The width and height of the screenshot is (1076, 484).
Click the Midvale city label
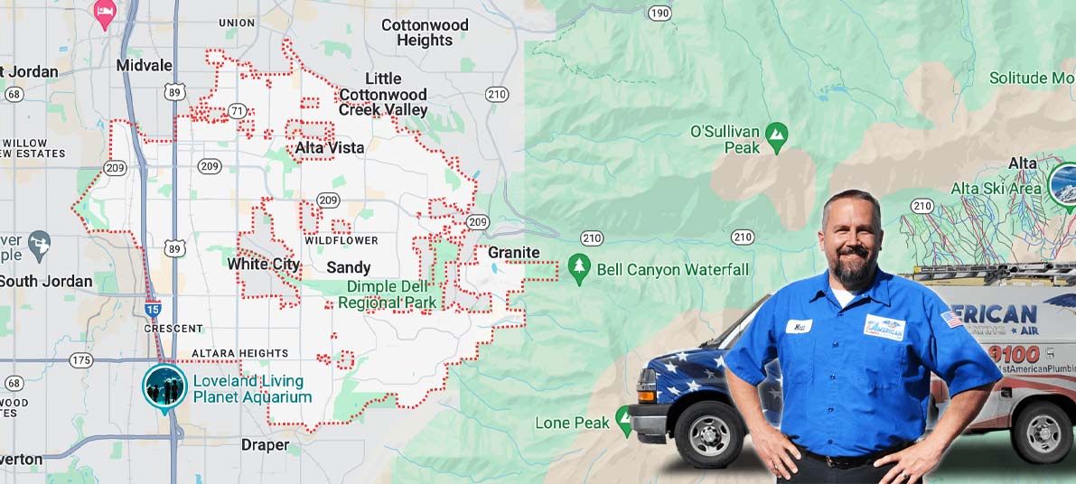point(138,65)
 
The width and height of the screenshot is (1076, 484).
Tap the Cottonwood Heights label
point(424,33)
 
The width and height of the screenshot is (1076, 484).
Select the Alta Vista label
point(330,147)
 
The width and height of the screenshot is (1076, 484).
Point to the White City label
point(263,265)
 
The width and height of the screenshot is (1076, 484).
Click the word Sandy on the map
point(349,267)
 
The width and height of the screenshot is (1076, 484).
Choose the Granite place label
point(513,253)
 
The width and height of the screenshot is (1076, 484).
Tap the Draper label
point(265,445)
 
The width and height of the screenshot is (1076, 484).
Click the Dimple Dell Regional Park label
point(388,295)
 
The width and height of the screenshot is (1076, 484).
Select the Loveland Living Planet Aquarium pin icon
point(164,386)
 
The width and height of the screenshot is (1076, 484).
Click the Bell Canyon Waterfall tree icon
point(578,267)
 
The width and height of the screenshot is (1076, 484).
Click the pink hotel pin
point(105,14)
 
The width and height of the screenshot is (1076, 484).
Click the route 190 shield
point(660,13)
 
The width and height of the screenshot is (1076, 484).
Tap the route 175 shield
point(81,360)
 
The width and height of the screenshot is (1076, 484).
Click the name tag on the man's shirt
point(799,326)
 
